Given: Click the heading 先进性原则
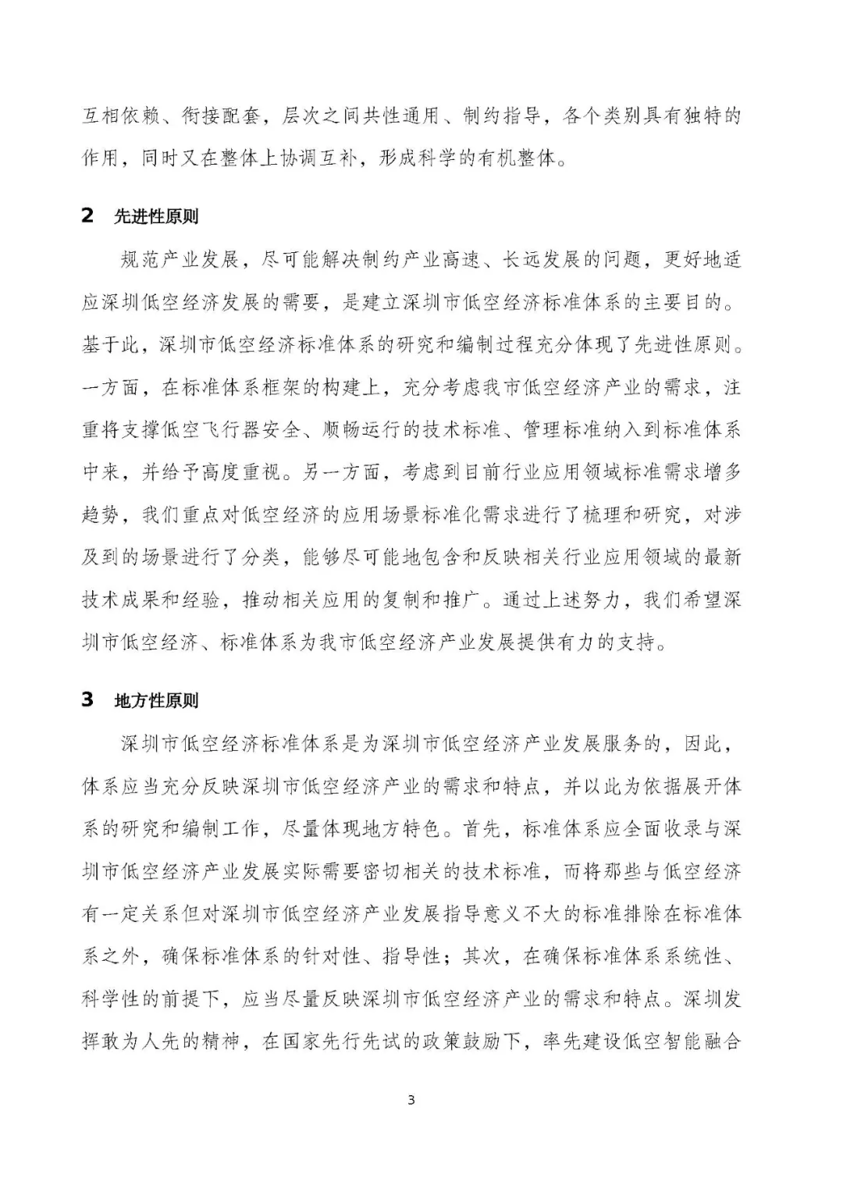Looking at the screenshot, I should click(x=156, y=216).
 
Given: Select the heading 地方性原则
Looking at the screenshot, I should click(x=156, y=700).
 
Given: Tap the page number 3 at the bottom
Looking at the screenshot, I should click(x=411, y=1101).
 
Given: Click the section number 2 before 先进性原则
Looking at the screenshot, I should click(x=87, y=216).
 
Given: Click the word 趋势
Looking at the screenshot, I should click(x=102, y=514).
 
